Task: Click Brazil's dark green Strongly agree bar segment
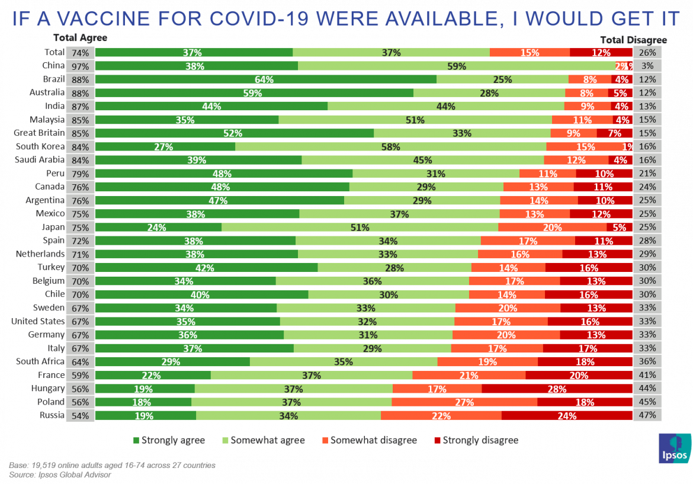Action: pyautogui.click(x=265, y=79)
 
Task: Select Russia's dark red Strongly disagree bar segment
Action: pyautogui.click(x=566, y=415)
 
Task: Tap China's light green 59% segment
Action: pyautogui.click(x=456, y=66)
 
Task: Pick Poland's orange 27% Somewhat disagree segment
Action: pyautogui.click(x=464, y=402)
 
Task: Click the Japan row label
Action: pyautogui.click(x=53, y=227)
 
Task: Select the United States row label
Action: pyautogui.click(x=38, y=321)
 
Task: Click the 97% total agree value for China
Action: pyautogui.click(x=80, y=66)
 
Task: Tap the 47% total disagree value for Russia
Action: pyautogui.click(x=647, y=415)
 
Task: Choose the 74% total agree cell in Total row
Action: pyautogui.click(x=80, y=52)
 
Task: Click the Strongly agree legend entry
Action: pyautogui.click(x=169, y=440)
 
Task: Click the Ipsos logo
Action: pyautogui.click(x=674, y=449)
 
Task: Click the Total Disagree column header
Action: pyautogui.click(x=633, y=40)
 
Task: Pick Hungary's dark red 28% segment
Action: pyautogui.click(x=557, y=389)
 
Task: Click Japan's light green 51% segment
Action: pyautogui.click(x=360, y=227)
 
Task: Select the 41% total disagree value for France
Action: pyautogui.click(x=647, y=375)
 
